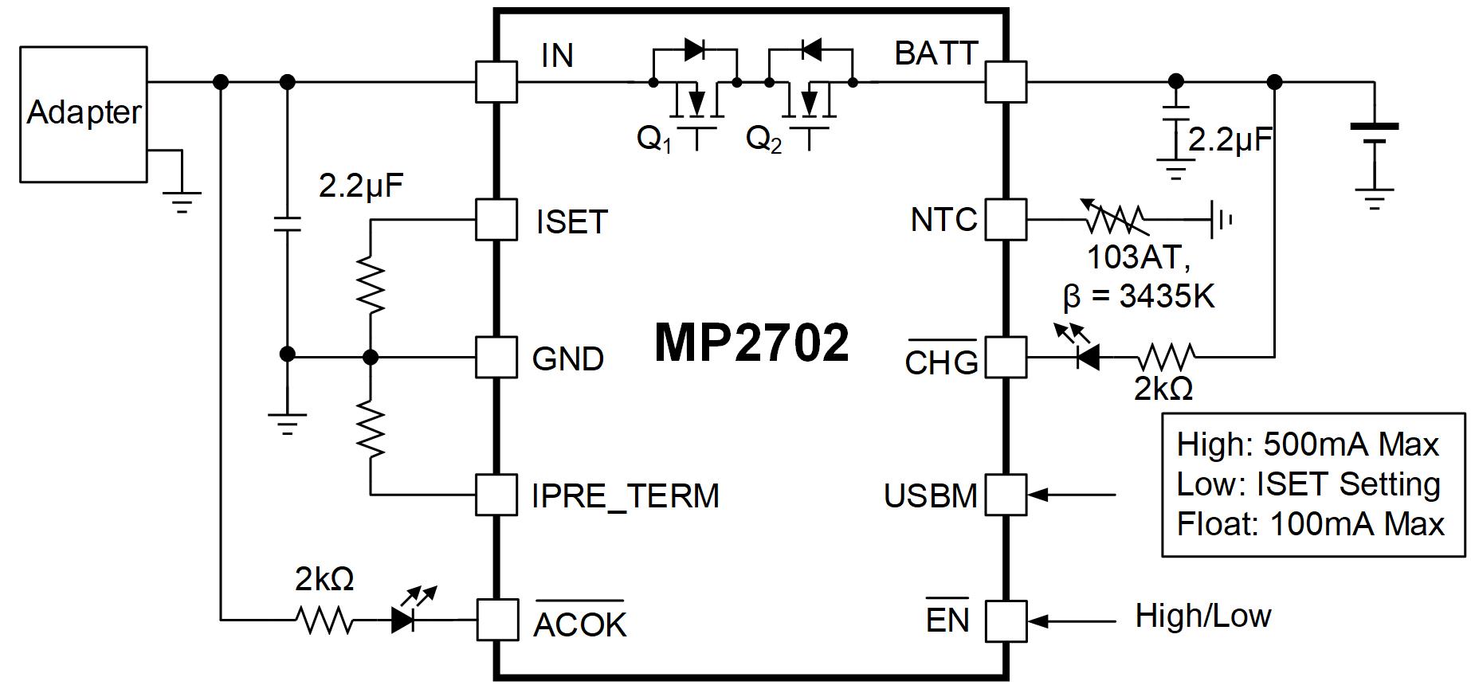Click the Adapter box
coord(83,114)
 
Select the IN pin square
coord(496,82)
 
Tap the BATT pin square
coord(1006,82)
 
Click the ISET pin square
coord(496,219)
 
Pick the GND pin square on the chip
coord(496,357)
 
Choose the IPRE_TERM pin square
coord(496,495)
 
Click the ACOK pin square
coord(496,620)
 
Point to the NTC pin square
coord(1006,219)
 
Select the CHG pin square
coord(1006,357)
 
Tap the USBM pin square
coord(1006,495)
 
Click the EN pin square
coord(1006,620)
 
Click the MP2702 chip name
coord(751,343)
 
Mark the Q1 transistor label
coord(653,139)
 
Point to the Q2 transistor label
coord(763,139)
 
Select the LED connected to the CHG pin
coord(1087,357)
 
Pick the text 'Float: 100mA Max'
coord(1310,524)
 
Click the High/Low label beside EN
coord(1202,616)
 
